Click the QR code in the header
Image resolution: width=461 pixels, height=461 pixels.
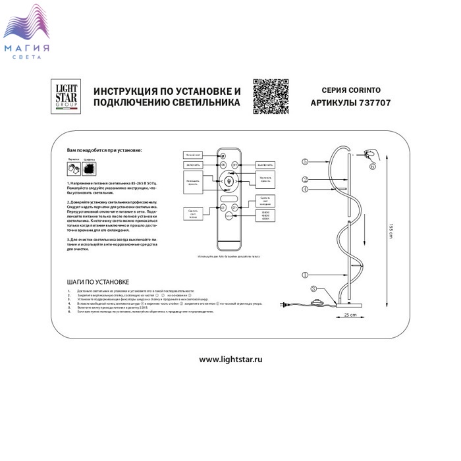[271, 97]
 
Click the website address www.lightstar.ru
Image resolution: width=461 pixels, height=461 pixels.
[230, 360]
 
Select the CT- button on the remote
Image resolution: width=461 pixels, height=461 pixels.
[223, 208]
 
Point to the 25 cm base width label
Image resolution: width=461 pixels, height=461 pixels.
[350, 315]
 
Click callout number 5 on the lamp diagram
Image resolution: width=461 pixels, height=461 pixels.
[304, 161]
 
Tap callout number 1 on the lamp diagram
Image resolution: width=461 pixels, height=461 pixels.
[304, 275]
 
